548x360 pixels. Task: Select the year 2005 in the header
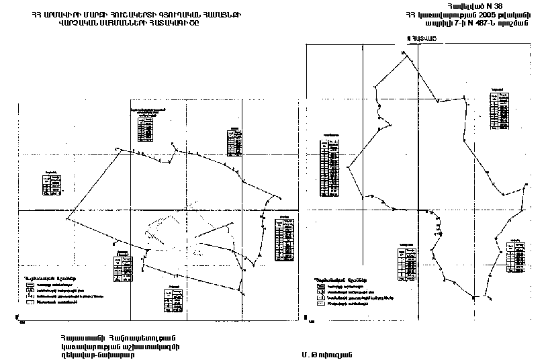coord(468,15)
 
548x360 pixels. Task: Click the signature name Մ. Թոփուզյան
coord(328,353)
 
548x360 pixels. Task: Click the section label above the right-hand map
coord(416,39)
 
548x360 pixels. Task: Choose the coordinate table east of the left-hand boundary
coord(284,236)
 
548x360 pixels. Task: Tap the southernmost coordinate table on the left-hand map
coord(173,297)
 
